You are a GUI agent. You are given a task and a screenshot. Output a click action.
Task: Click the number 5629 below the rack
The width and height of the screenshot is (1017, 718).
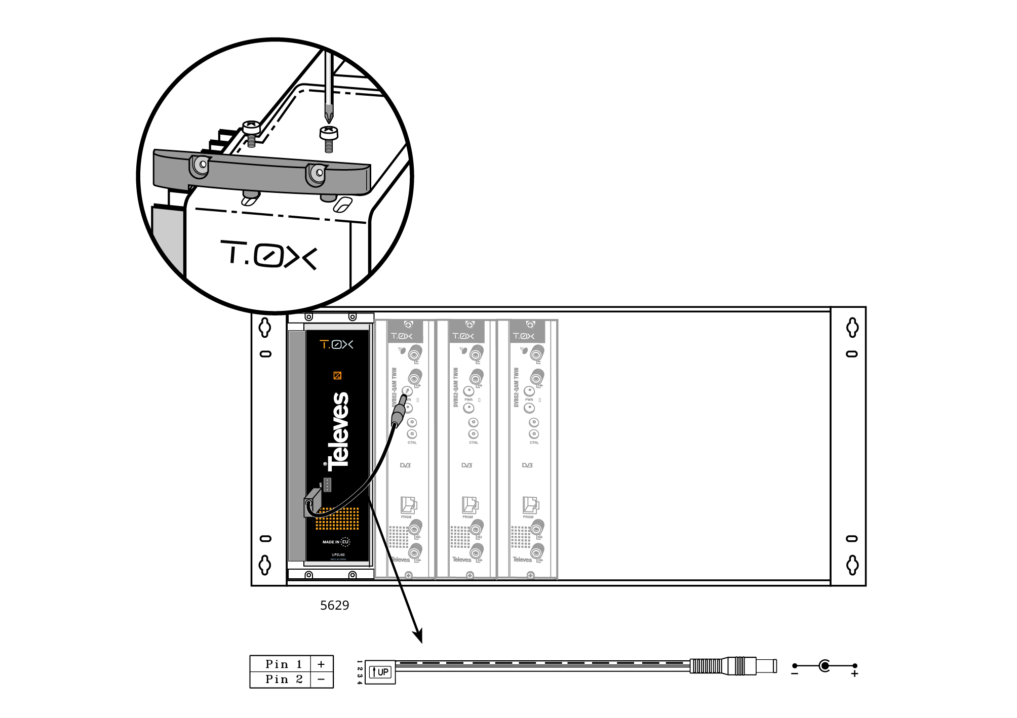[334, 606]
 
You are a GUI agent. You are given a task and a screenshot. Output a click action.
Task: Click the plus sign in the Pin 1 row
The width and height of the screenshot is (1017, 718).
[321, 664]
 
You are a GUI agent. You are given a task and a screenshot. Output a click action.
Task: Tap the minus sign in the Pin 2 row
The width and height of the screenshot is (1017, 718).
[321, 680]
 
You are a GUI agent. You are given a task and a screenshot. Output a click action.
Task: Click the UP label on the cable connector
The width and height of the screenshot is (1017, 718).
[382, 672]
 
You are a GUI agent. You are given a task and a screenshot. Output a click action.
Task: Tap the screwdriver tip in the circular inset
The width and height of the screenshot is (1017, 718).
[329, 117]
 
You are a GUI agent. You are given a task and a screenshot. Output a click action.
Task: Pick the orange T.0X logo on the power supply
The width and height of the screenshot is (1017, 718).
[336, 345]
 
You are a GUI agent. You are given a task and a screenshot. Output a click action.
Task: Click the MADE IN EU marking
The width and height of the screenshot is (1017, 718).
[336, 542]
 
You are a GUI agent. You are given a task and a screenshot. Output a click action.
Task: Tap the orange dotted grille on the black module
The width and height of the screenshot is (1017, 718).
[338, 518]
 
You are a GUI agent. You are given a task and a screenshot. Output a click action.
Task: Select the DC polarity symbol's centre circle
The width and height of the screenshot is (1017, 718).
[825, 666]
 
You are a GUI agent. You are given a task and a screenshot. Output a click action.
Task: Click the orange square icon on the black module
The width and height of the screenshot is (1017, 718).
[337, 375]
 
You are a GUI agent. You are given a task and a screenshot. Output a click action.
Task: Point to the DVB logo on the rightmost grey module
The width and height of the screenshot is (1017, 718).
[527, 465]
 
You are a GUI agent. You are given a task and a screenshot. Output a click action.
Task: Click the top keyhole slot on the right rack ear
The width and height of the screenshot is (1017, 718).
[852, 328]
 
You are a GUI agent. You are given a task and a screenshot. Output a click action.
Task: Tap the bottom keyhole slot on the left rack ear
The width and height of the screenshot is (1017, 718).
[265, 565]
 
